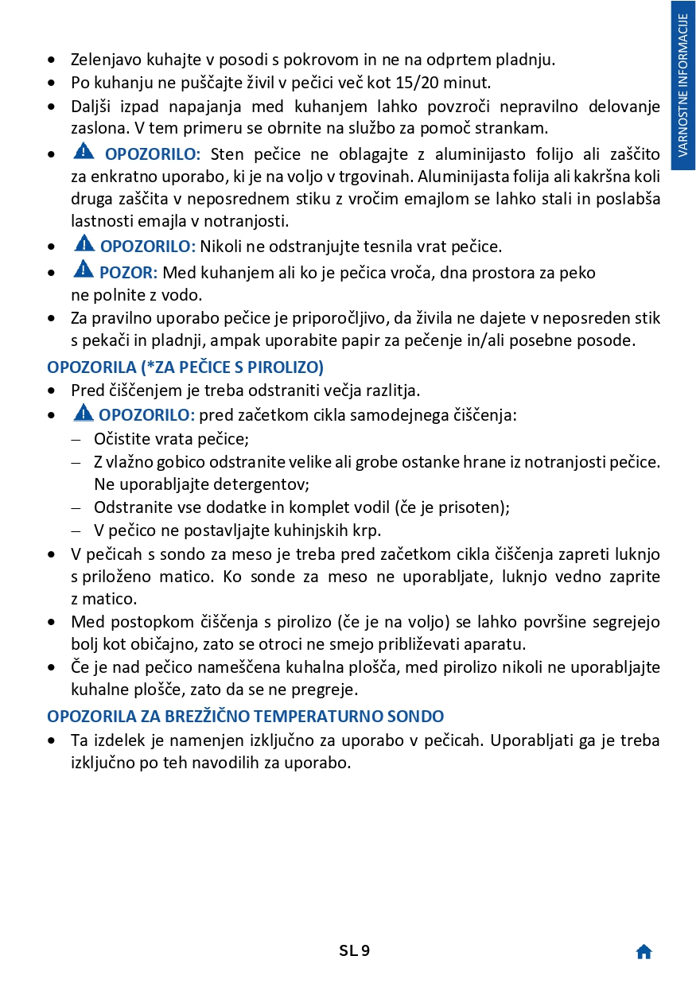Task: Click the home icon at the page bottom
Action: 644,952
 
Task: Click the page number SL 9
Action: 354,950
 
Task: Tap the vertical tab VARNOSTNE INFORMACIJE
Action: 683,85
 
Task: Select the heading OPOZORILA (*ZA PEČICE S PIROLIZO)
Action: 185,367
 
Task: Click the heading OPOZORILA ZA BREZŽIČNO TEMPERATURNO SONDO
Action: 245,717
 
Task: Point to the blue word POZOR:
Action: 128,273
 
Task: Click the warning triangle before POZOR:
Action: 83,270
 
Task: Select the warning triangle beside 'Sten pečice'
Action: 84,151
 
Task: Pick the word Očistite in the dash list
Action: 120,438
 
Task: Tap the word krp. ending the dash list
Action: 366,530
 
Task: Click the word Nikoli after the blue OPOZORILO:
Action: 222,247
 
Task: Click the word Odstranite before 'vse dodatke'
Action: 130,507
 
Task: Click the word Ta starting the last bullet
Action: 80,740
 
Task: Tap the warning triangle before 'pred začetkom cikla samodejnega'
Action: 83,413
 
